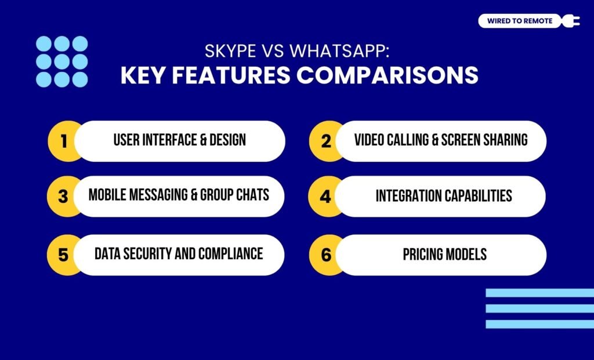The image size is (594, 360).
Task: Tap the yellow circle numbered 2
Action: (x=326, y=141)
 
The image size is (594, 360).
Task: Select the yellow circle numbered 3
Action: (x=63, y=197)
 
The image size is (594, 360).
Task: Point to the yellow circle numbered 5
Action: (x=63, y=254)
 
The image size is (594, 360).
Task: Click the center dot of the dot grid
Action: (x=62, y=61)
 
